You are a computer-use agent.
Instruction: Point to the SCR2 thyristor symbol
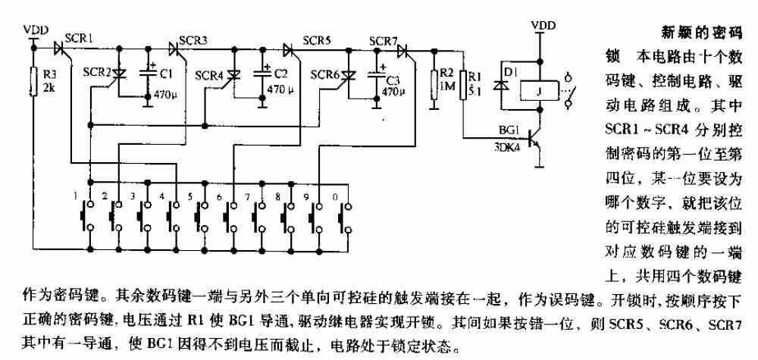coord(119,74)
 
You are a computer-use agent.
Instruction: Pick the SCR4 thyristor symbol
coord(234,74)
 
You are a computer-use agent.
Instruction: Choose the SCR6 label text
coord(326,75)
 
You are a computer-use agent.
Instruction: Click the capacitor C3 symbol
coord(375,74)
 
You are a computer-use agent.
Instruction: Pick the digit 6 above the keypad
coord(219,197)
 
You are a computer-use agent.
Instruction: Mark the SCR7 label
coord(383,39)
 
